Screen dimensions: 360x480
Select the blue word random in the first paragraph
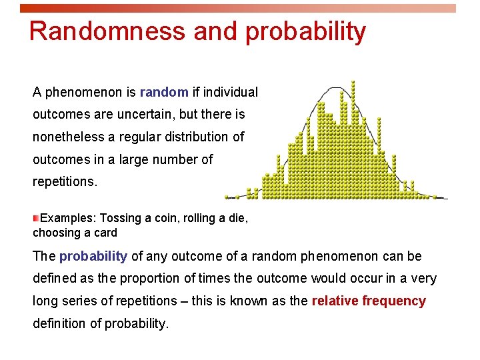pos(163,91)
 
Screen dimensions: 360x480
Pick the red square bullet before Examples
pos(36,218)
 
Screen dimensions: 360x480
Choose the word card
pos(104,233)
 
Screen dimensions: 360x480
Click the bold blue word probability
pos(93,256)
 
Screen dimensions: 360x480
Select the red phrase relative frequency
pos(368,301)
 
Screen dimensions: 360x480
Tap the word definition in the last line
pos(60,323)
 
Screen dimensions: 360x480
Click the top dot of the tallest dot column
pos(353,82)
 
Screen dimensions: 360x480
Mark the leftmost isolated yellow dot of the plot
pos(227,197)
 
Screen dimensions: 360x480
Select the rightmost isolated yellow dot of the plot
pos(434,197)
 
